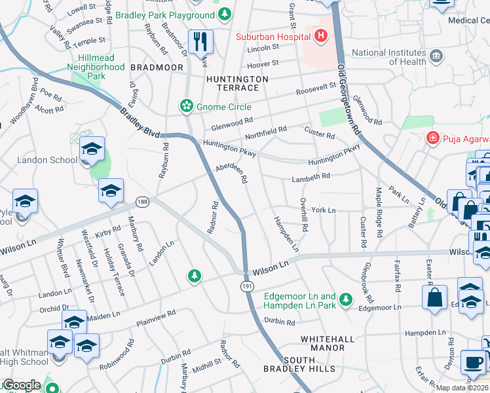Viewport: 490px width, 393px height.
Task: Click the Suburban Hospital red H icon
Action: [x=320, y=35]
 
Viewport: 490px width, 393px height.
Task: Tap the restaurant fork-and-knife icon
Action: [x=200, y=42]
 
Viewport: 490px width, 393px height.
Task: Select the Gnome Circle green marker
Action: [x=187, y=106]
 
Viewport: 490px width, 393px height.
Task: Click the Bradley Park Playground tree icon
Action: [x=225, y=14]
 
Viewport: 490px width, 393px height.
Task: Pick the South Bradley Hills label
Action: [x=309, y=364]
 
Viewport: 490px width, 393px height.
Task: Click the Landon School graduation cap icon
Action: [x=92, y=150]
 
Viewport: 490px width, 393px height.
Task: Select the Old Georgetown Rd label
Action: [x=350, y=92]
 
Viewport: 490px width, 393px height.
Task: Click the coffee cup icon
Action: [x=473, y=362]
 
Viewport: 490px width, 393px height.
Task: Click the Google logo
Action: [x=21, y=385]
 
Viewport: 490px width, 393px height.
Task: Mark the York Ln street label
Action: [x=324, y=210]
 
